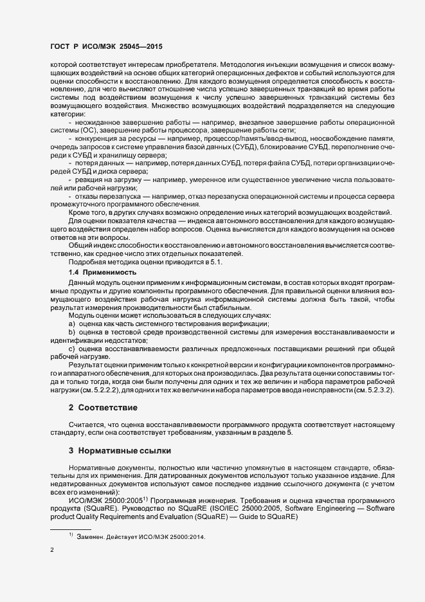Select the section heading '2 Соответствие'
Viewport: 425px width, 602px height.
(102, 408)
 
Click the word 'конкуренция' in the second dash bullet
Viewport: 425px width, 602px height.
(96, 138)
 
